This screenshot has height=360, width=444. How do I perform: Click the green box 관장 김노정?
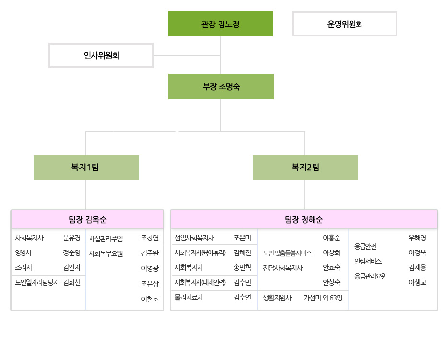[x=220, y=24]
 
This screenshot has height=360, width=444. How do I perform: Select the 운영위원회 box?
[x=345, y=24]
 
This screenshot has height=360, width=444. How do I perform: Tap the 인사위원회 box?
[x=101, y=55]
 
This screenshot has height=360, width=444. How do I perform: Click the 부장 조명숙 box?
[x=221, y=86]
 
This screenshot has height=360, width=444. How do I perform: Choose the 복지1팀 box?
[x=86, y=168]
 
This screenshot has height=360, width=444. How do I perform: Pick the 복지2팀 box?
[x=305, y=168]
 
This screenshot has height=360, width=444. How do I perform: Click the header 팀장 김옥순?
[x=87, y=219]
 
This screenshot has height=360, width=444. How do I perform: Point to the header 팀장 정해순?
[x=304, y=219]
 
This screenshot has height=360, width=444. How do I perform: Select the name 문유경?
[x=71, y=238]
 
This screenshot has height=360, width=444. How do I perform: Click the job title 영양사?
[x=23, y=252]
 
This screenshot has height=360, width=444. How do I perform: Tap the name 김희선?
[x=71, y=282]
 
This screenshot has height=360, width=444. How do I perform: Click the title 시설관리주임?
[x=106, y=239]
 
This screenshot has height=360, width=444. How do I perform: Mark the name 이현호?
[x=150, y=299]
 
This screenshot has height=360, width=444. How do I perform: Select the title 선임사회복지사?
[x=195, y=238]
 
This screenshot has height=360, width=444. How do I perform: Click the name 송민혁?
[x=242, y=267]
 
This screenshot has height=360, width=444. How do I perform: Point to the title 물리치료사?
[x=189, y=297]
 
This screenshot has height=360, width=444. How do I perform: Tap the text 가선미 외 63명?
[x=323, y=298]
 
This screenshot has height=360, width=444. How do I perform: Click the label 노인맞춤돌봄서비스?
[x=287, y=253]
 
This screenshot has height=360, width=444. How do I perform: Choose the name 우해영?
[x=417, y=238]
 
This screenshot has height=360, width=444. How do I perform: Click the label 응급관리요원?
[x=371, y=276]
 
